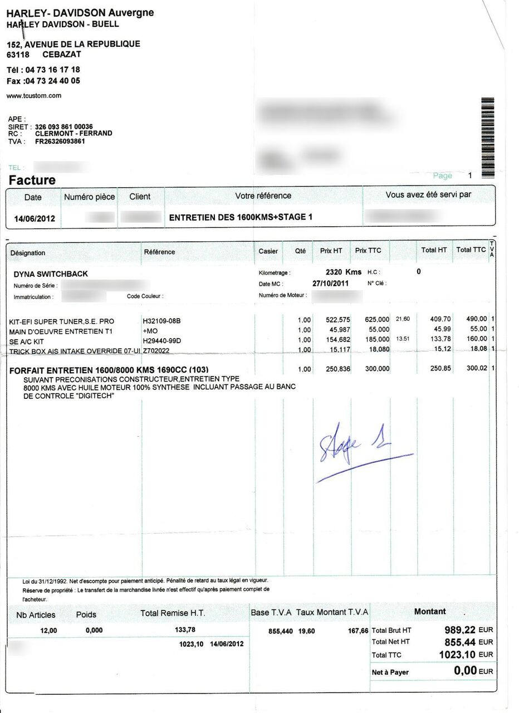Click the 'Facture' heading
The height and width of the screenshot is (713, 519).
coord(32,180)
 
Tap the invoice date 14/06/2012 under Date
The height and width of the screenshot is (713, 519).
coord(34,218)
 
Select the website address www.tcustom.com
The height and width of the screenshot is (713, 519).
coord(33,96)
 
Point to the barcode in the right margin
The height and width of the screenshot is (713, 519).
coord(487,130)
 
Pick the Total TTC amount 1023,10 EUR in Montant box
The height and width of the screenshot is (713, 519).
coord(458,655)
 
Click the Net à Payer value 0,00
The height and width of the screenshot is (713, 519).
coord(465,671)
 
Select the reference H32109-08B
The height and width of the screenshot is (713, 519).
coord(162,321)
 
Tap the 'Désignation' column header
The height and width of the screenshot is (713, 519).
coord(28,253)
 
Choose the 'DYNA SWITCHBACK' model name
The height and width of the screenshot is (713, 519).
coord(51,274)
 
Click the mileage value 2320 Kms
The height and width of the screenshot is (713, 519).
coord(343,272)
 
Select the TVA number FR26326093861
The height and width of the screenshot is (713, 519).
coord(60,141)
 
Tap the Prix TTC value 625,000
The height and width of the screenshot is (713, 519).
coord(376,320)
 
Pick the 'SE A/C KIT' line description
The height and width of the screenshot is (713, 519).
coord(27,341)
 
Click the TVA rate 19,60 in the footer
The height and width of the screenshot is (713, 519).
coord(306,631)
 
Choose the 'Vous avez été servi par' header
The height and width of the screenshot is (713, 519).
coord(428,195)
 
